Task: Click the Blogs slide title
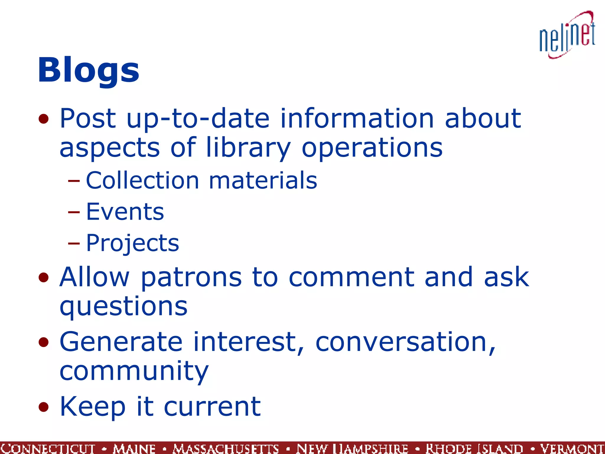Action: coord(88,70)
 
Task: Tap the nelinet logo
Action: coord(567,35)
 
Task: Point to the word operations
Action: coord(372,147)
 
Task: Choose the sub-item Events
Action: coord(125,212)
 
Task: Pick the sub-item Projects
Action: coord(132,243)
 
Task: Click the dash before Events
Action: coord(74,212)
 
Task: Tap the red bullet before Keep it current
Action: coord(43,407)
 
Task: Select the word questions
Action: coord(123,307)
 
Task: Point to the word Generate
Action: coord(121,342)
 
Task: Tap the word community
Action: coord(134,371)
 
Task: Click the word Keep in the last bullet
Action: coord(92,407)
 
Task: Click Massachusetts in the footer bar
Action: coord(226,448)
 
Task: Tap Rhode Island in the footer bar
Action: coord(474,448)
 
